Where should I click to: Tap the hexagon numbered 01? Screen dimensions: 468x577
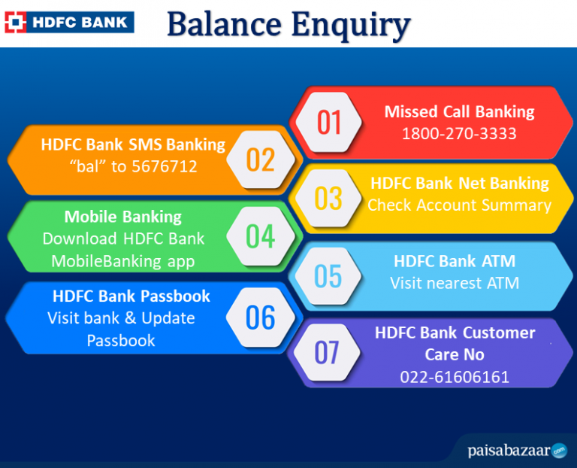point(329,123)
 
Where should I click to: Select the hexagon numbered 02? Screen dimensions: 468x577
point(261,160)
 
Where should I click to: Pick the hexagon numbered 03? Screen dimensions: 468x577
point(328,199)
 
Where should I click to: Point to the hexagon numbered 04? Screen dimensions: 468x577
point(261,237)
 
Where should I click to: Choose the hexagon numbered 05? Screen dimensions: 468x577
point(328,276)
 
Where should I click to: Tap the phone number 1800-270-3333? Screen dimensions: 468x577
point(459,133)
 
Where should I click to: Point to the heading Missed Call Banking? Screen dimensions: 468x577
point(459,111)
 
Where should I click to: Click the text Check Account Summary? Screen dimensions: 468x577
point(459,205)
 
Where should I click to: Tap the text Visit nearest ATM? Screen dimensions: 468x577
point(455,283)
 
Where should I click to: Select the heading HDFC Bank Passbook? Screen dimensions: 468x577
point(131,296)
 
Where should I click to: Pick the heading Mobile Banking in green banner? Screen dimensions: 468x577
point(123,217)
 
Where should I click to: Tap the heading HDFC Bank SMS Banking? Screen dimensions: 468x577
point(133,144)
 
